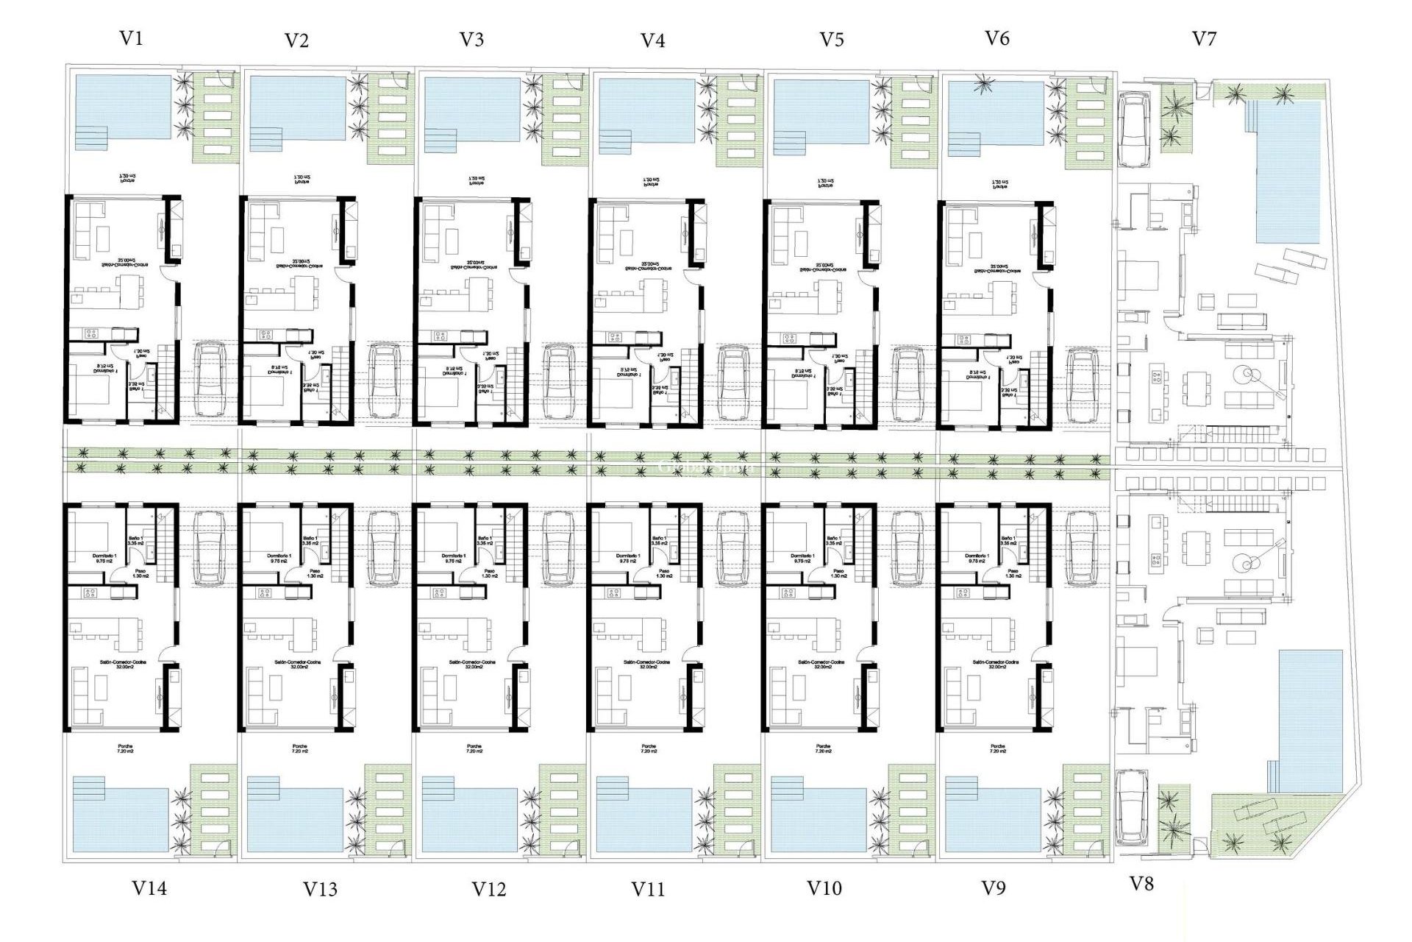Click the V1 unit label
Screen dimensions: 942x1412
[x=131, y=38]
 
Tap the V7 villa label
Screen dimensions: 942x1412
[x=1204, y=38]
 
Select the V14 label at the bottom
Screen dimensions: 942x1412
[x=149, y=888]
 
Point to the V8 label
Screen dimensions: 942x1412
[x=1141, y=884]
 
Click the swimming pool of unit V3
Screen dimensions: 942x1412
[x=472, y=109]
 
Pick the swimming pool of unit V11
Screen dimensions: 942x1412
[x=645, y=820]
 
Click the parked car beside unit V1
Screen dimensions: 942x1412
[x=210, y=380]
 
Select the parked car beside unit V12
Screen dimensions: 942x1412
[x=559, y=548]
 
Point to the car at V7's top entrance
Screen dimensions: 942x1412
[x=1134, y=129]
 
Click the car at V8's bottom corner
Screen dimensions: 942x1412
[x=1131, y=808]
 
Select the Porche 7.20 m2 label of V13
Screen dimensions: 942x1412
[x=299, y=749]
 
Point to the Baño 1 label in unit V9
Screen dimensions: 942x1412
[x=1008, y=541]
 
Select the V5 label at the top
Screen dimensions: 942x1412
[x=831, y=40]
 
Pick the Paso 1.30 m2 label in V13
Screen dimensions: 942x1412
[x=315, y=573]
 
